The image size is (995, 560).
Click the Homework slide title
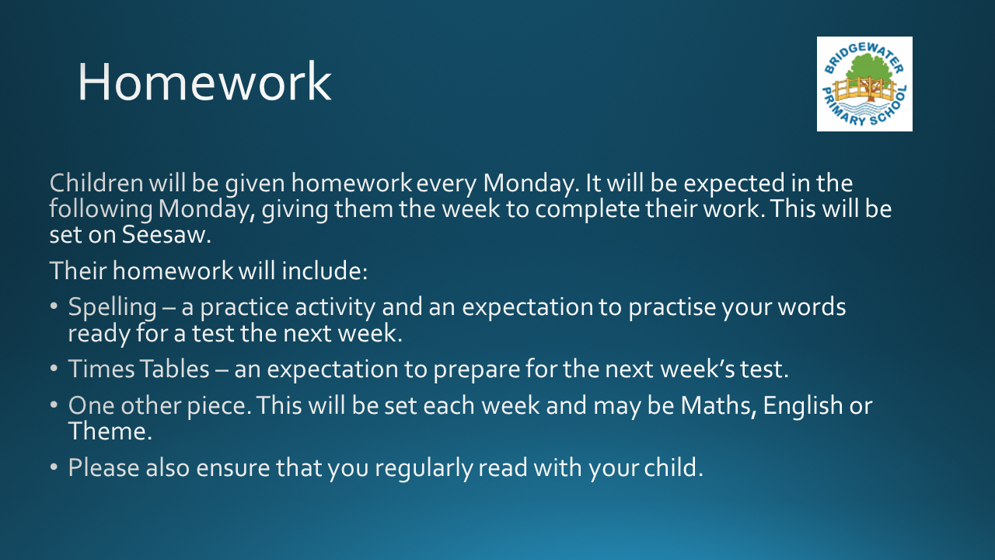pos(204,82)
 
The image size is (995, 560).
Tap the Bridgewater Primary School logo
pos(864,84)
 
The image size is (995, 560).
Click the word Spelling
pos(113,307)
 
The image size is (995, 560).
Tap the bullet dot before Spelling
pos(54,306)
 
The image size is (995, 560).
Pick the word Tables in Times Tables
pos(174,369)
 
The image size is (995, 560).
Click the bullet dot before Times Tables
pos(54,369)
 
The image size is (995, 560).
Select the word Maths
pos(718,405)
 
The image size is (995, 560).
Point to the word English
pos(803,406)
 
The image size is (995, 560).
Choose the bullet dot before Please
pos(54,467)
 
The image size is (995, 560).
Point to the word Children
pos(96,183)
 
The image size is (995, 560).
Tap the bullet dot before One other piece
pos(54,405)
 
